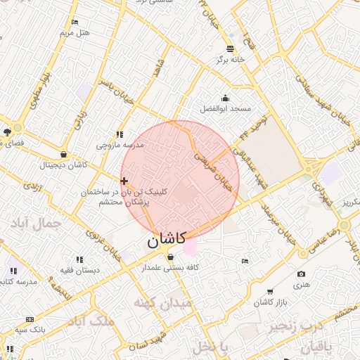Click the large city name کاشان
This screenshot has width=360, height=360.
tap(167, 239)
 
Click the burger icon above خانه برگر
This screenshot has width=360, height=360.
tap(231, 49)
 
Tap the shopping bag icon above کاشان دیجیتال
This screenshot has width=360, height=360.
tap(64, 155)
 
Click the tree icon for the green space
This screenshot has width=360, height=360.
tap(7, 131)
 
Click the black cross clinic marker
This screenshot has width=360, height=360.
tap(124, 181)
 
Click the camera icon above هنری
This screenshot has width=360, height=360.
tap(302, 274)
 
